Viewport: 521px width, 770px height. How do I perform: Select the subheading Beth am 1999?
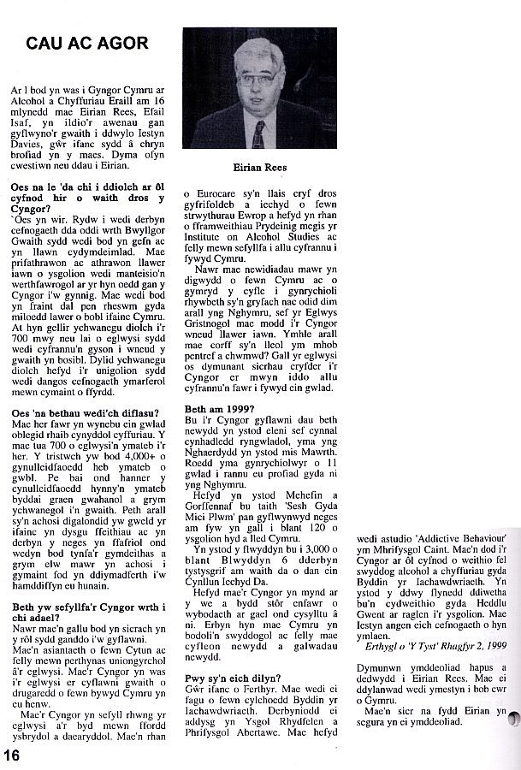point(220,408)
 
